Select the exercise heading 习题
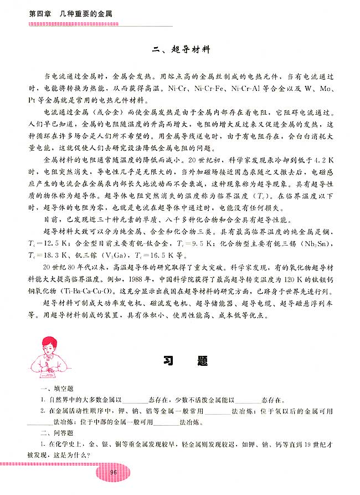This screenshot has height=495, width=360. click(186, 361)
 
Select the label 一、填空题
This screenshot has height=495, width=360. click(53, 389)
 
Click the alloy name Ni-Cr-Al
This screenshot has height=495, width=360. click(243, 90)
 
